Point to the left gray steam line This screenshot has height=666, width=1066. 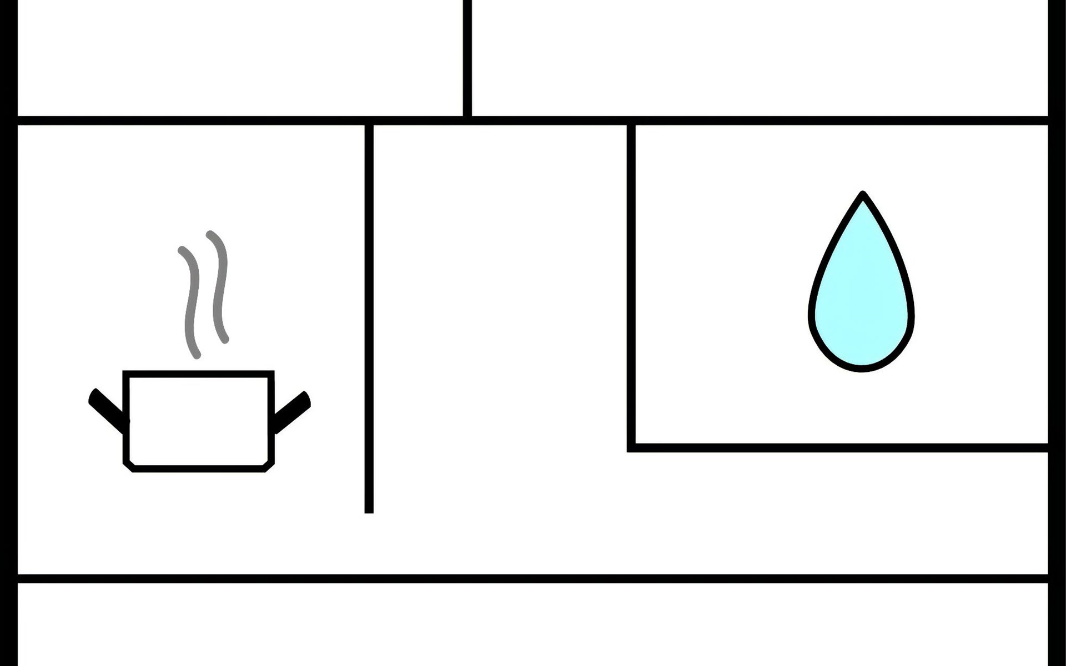point(192,302)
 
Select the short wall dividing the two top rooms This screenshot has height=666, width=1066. point(467,58)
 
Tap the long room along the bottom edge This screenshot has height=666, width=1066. point(533,624)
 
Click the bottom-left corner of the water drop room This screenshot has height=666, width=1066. point(631,448)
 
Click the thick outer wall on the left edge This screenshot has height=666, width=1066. point(8,333)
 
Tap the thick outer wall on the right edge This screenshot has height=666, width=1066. point(1057,333)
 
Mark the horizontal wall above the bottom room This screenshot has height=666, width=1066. point(533,579)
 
